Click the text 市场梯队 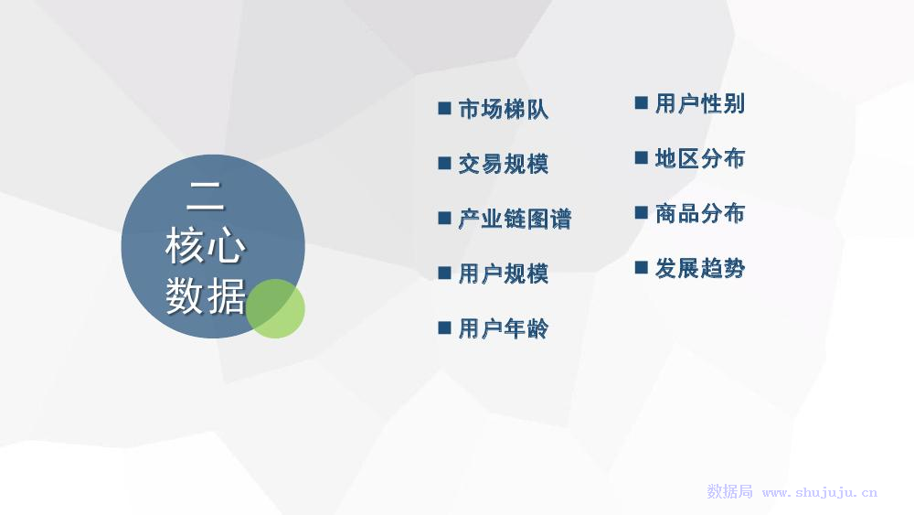[504, 109]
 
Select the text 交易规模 [504, 164]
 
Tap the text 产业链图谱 [515, 219]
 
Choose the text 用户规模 [504, 274]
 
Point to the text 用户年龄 [504, 328]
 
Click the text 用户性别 [700, 103]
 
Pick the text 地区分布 [700, 158]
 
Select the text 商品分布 [700, 213]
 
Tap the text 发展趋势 [700, 268]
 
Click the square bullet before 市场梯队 [444, 109]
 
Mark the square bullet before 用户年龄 [444, 327]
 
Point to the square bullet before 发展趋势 [642, 268]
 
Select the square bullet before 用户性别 [642, 103]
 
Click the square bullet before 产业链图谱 [444, 218]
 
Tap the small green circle [275, 308]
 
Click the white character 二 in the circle [205, 196]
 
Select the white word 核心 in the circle [205, 245]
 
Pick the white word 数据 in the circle [205, 295]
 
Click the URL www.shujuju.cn [820, 492]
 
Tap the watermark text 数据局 [729, 491]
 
